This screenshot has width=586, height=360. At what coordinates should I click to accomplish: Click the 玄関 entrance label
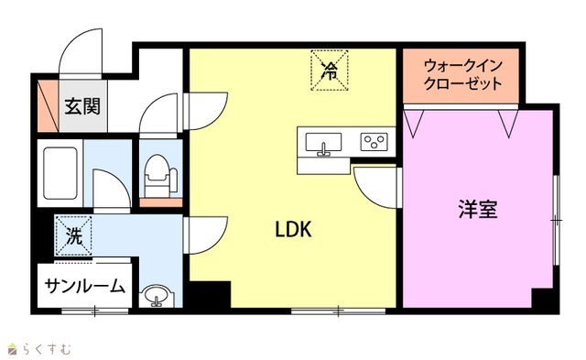click(x=83, y=106)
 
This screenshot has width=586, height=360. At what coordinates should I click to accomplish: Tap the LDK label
click(x=293, y=229)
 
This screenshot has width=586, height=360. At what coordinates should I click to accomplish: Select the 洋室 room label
click(x=478, y=210)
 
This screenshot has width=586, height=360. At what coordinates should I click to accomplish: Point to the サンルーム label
click(x=84, y=287)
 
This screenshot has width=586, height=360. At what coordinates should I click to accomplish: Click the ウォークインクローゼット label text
click(x=462, y=75)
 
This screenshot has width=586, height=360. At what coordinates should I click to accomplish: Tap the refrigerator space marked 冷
click(x=330, y=71)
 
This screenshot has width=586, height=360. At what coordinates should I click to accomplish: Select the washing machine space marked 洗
click(x=73, y=236)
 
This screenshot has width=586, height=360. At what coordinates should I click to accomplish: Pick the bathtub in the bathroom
click(x=60, y=173)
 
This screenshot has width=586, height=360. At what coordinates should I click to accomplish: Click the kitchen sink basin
click(x=323, y=142)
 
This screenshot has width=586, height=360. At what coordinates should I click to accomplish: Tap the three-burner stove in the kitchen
click(x=374, y=142)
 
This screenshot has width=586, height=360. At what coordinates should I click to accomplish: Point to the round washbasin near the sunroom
click(x=157, y=296)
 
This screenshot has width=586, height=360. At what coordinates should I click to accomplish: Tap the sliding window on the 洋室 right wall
click(x=557, y=221)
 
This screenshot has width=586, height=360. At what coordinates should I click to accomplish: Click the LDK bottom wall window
click(x=338, y=311)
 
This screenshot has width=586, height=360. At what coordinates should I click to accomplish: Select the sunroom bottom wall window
click(x=95, y=311)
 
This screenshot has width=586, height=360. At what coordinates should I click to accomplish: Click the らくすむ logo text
click(x=39, y=349)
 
